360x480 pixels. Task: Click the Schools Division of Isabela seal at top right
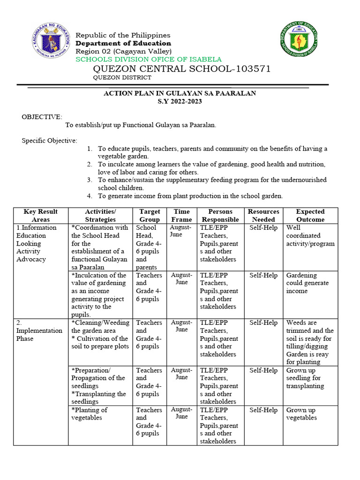click(303, 39)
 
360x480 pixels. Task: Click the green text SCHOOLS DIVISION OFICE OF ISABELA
click(149, 60)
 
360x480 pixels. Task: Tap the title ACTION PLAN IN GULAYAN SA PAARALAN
click(180, 93)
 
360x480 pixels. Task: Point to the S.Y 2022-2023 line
click(180, 101)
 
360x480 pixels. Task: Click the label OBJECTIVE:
click(42, 117)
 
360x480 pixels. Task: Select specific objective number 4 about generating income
click(190, 196)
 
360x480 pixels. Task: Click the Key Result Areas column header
click(40, 216)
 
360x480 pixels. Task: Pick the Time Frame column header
click(181, 216)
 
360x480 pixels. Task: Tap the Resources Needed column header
click(263, 216)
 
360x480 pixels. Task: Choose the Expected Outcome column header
click(310, 216)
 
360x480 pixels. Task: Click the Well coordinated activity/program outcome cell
click(310, 236)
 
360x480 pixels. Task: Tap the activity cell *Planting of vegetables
click(89, 414)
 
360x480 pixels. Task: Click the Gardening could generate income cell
click(307, 283)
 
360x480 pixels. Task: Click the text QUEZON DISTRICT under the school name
click(122, 78)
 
